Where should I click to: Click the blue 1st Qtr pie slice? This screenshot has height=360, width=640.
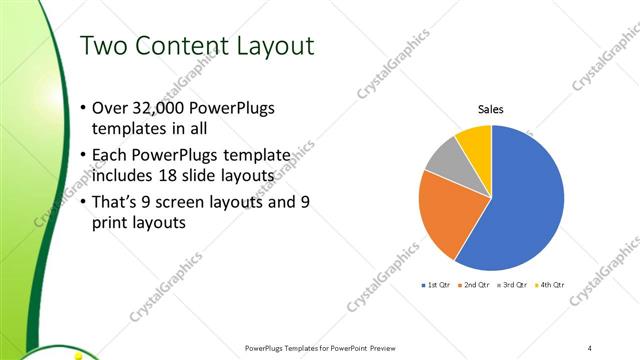[520, 210]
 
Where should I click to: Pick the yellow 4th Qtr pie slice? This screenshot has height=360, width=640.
[474, 144]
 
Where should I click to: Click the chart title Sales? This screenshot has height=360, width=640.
[490, 109]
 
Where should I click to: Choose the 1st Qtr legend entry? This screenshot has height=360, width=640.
[436, 285]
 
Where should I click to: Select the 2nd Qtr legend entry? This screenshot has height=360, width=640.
[474, 285]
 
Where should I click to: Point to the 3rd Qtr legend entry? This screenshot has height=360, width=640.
[512, 285]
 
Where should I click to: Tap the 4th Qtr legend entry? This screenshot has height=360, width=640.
[550, 285]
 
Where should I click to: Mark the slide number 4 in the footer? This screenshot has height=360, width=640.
[590, 347]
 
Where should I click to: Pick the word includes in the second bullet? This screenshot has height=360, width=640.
[123, 176]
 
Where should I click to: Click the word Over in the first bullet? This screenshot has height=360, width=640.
[108, 109]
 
